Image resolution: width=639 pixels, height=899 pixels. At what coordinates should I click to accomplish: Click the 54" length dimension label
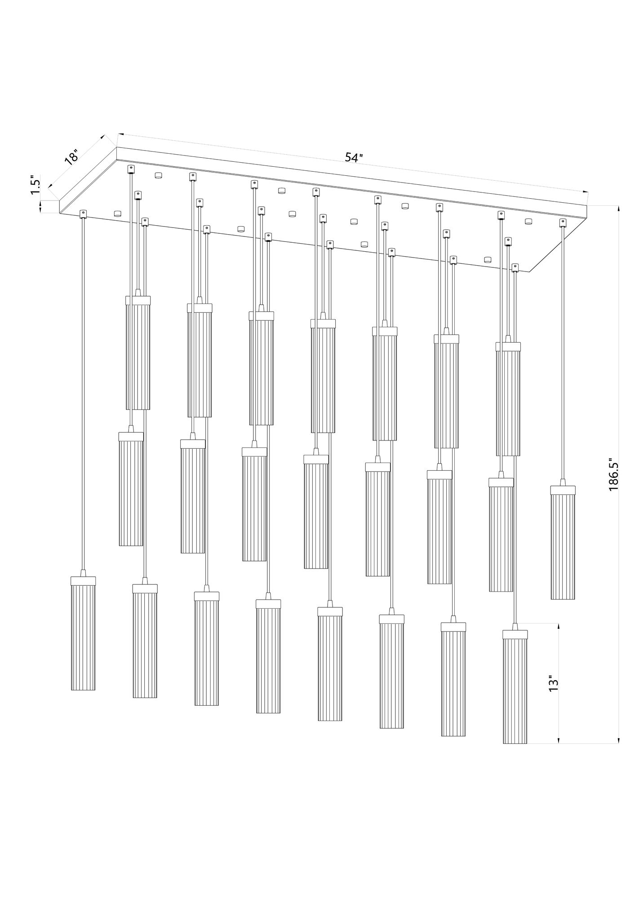click(x=354, y=157)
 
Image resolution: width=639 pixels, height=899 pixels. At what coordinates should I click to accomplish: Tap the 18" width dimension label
click(x=71, y=159)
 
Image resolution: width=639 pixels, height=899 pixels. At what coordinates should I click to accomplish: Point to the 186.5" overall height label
click(x=614, y=481)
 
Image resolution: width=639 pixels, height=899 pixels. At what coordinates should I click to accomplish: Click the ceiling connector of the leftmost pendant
click(x=83, y=214)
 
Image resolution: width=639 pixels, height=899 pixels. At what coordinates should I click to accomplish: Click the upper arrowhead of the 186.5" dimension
click(x=619, y=209)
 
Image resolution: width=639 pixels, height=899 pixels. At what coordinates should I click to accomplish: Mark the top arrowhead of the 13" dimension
click(x=558, y=626)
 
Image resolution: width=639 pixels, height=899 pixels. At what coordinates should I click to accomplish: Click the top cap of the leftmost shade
click(x=83, y=580)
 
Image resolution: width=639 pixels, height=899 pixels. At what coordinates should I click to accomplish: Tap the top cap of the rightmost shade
click(x=563, y=490)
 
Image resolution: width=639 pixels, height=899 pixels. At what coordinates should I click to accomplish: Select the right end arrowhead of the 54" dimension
click(x=585, y=191)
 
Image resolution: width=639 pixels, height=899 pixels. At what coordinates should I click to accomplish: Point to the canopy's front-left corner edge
click(x=59, y=207)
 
